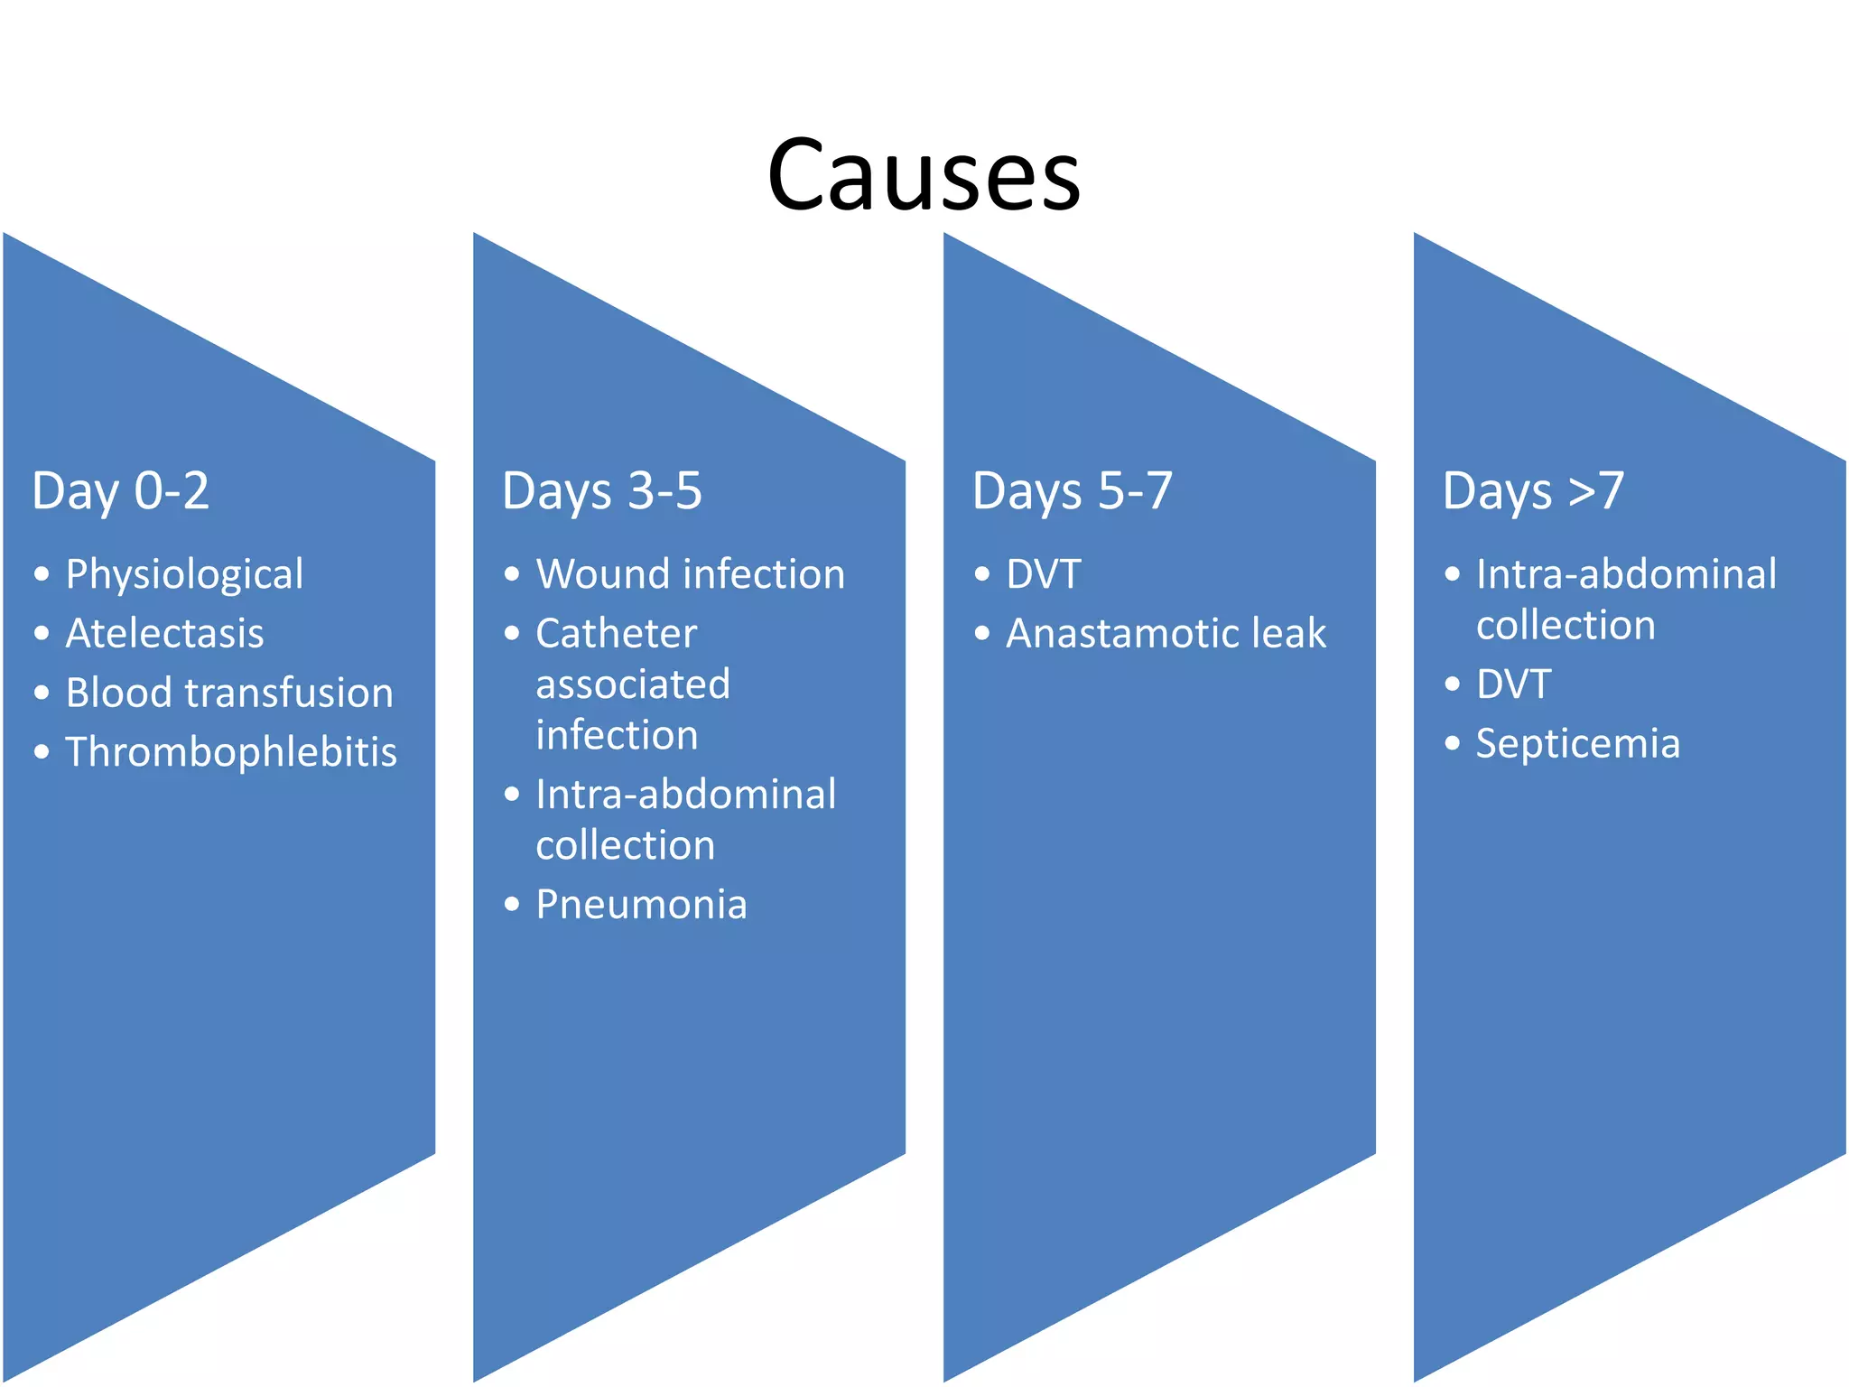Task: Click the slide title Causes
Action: (923, 174)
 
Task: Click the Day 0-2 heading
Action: (120, 491)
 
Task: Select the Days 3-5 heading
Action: (601, 491)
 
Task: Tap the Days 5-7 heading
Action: (1072, 491)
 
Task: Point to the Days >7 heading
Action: (1533, 491)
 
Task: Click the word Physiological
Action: (184, 575)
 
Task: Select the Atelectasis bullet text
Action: (164, 633)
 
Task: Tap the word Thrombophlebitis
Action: (231, 752)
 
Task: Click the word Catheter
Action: (616, 633)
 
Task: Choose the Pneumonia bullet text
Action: (641, 905)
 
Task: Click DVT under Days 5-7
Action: (1044, 574)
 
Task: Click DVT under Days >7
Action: (1513, 684)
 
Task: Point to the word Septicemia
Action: (1577, 744)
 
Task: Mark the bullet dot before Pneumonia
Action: (512, 904)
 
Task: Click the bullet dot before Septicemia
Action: (1452, 743)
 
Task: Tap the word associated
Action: (632, 684)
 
